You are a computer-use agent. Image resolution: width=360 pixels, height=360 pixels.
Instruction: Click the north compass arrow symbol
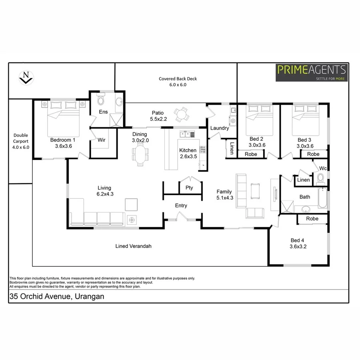click(26, 77)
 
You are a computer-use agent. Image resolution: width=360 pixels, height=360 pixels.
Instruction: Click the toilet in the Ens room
click(101, 100)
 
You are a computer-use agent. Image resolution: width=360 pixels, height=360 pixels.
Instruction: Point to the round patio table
click(182, 113)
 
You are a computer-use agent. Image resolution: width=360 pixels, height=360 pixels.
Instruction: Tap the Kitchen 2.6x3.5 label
click(188, 153)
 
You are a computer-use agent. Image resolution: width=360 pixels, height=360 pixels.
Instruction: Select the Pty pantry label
click(189, 188)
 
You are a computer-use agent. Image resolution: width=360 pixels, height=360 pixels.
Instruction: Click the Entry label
click(181, 206)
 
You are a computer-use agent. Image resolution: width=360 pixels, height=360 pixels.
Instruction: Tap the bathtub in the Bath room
click(322, 198)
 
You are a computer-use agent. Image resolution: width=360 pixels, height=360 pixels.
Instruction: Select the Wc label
click(323, 168)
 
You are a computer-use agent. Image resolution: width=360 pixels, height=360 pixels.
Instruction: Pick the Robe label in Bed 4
click(312, 219)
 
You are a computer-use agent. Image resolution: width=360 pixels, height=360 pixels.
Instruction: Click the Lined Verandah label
click(133, 246)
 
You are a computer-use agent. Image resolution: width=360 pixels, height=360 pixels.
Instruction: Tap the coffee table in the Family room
click(255, 190)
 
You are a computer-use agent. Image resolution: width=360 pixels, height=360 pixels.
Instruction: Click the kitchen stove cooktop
click(203, 150)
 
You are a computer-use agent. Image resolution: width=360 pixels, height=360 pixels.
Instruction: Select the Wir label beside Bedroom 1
click(102, 140)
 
